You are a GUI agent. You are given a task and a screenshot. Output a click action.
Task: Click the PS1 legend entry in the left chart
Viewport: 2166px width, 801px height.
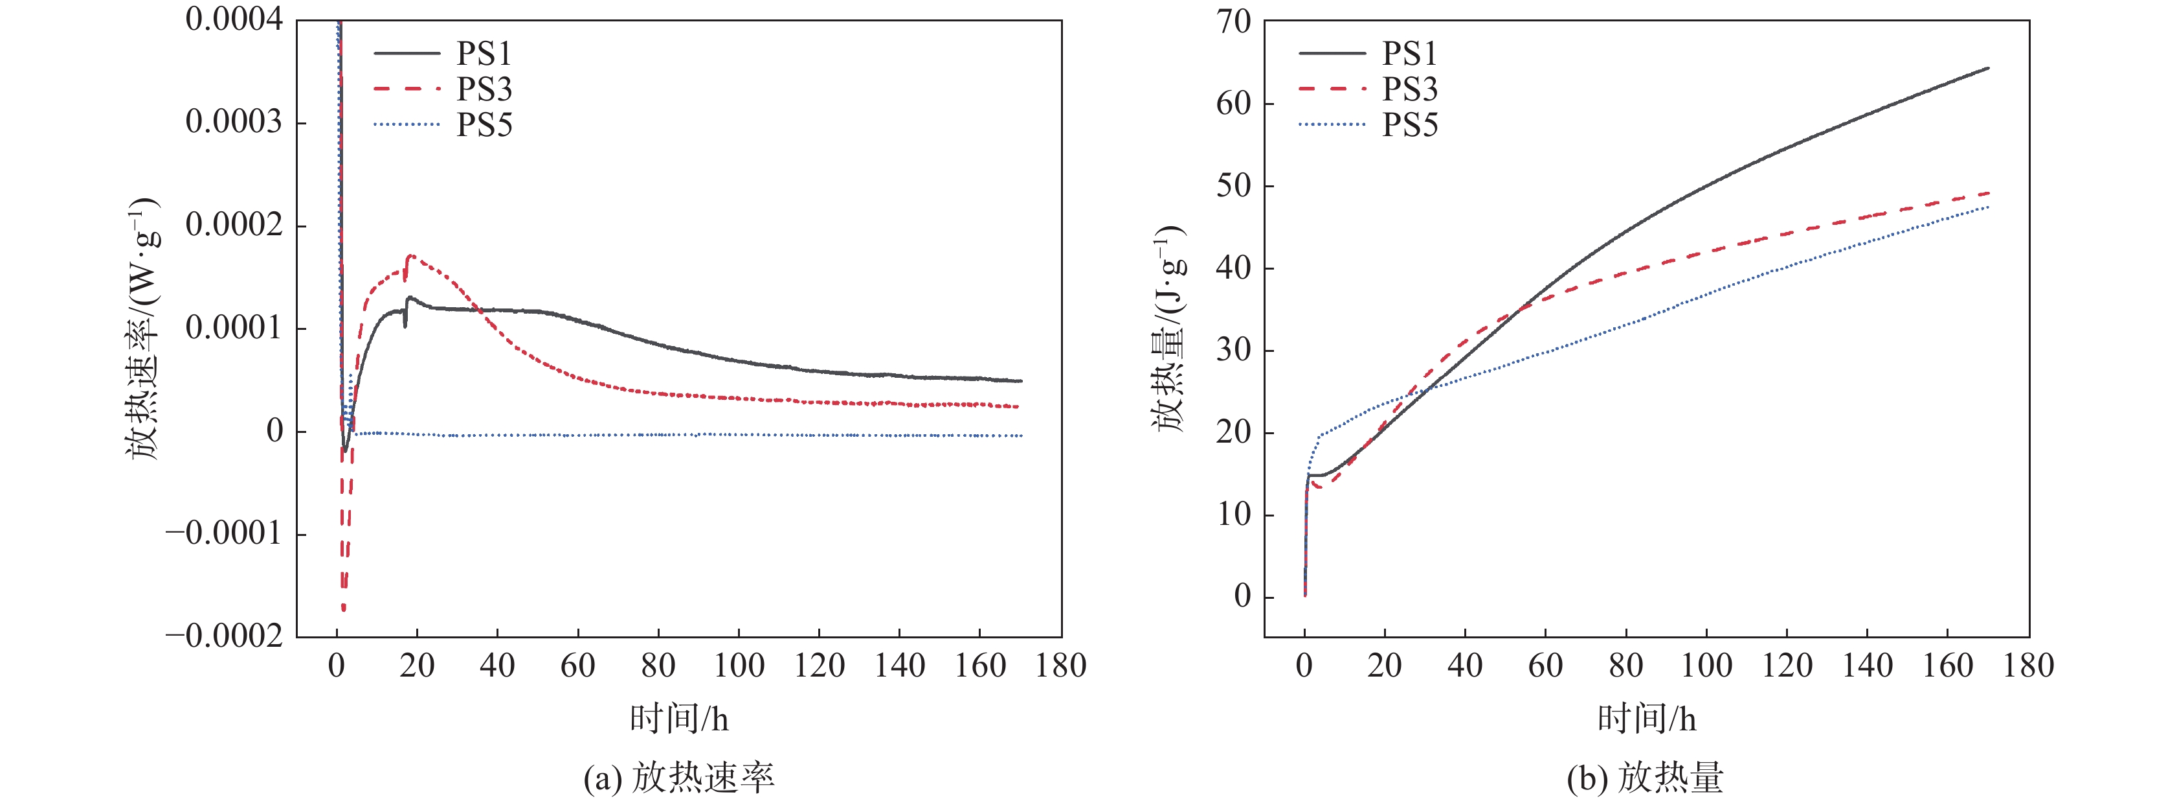[484, 54]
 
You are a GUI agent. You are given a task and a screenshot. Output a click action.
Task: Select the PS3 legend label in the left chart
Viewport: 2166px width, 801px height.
[484, 89]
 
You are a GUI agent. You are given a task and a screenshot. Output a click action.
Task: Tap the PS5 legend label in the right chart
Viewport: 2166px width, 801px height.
[1409, 125]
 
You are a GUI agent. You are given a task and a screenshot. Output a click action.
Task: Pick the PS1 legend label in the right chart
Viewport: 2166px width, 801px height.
[1409, 54]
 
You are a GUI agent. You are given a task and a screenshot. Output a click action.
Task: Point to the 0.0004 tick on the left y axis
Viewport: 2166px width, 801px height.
[234, 19]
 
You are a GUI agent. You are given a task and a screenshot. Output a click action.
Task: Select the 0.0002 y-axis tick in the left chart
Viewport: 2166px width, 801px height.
[234, 225]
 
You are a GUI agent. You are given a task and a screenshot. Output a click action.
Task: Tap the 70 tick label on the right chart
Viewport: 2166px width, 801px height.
[1234, 22]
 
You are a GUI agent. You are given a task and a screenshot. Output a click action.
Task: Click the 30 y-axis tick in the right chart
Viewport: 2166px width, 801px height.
[1234, 350]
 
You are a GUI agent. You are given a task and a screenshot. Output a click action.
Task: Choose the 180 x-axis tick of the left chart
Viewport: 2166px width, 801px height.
[1060, 666]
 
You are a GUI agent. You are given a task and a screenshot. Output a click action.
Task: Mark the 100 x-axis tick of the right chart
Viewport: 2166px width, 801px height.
[1706, 666]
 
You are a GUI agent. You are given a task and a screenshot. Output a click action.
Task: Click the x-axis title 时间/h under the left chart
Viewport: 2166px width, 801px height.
[680, 719]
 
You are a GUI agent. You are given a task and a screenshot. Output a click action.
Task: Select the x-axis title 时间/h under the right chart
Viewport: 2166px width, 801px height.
[1646, 719]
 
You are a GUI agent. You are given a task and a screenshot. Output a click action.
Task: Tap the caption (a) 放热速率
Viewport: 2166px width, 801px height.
[680, 778]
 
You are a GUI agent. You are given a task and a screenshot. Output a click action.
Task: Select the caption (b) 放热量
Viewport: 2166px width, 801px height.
[1646, 778]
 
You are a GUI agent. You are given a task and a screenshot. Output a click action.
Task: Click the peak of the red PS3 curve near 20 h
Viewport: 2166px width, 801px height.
[410, 256]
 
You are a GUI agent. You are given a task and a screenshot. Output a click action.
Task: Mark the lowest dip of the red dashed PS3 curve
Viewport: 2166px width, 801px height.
[343, 609]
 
